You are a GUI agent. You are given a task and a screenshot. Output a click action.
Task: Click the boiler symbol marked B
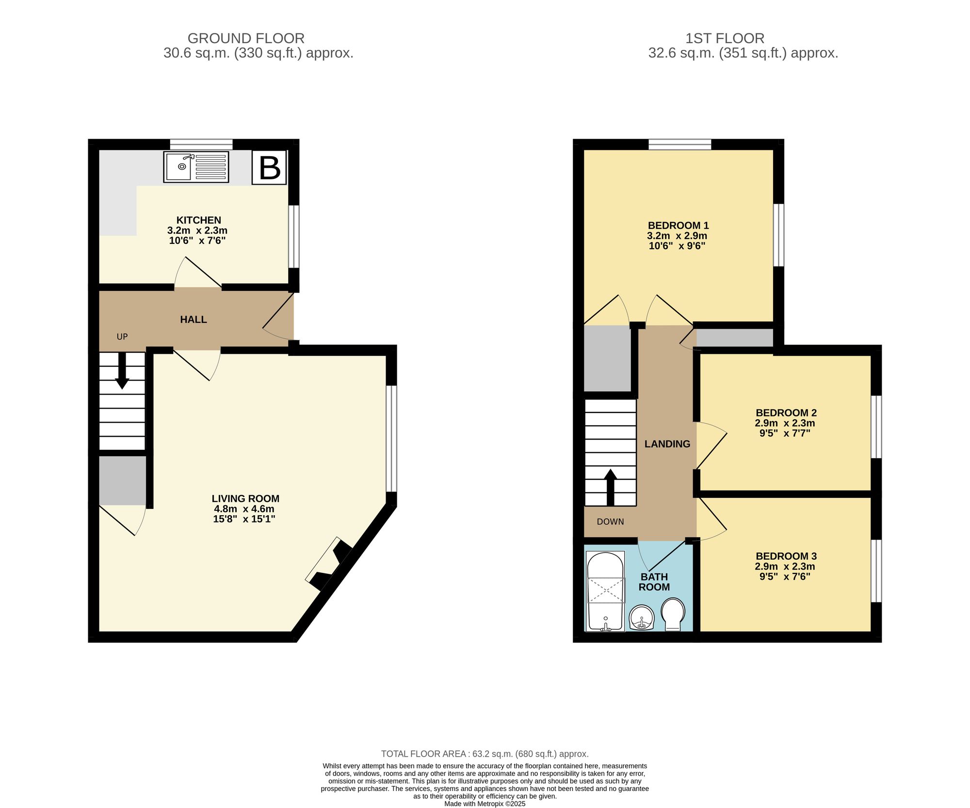(269, 168)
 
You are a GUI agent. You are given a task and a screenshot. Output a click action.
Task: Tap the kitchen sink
(196, 167)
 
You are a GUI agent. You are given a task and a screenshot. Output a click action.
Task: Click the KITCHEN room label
(198, 220)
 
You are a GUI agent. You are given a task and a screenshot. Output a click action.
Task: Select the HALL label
(193, 319)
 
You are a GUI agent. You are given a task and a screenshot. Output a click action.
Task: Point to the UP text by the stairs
(122, 336)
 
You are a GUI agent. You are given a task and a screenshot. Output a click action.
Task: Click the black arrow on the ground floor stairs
(122, 371)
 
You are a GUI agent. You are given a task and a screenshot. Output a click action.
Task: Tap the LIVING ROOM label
(245, 499)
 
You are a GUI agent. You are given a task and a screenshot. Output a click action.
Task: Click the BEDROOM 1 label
(678, 225)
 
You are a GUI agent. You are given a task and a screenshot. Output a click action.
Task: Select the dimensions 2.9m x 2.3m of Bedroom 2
(785, 423)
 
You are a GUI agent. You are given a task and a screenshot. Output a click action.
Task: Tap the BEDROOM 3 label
(786, 556)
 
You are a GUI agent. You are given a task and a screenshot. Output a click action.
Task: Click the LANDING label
(667, 444)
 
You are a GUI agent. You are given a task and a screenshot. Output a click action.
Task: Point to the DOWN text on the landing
(610, 522)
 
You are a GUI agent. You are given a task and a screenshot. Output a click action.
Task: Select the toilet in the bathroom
(673, 614)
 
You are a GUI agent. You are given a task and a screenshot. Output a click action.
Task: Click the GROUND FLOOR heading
(246, 38)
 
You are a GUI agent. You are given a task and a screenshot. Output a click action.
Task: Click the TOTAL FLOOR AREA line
(485, 754)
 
